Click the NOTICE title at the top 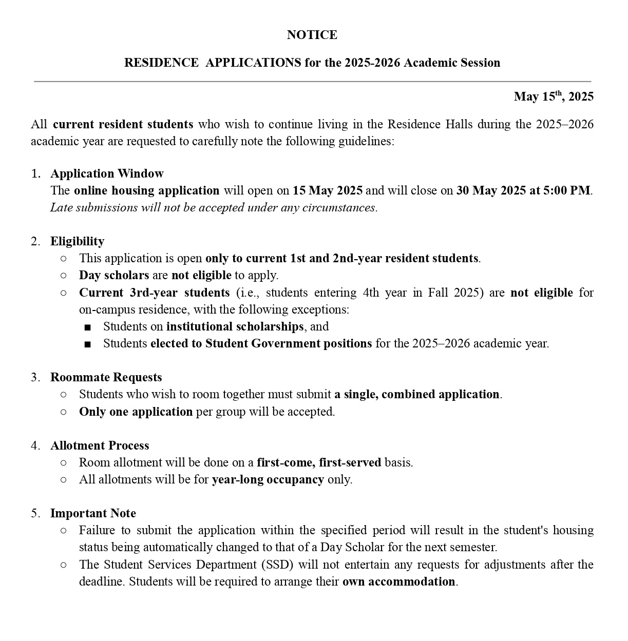pyautogui.click(x=312, y=35)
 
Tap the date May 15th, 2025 pyautogui.click(x=553, y=96)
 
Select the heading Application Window pyautogui.click(x=107, y=173)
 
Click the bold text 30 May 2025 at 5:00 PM pyautogui.click(x=523, y=190)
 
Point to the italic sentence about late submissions pyautogui.click(x=214, y=207)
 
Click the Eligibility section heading pyautogui.click(x=77, y=241)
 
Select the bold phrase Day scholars pyautogui.click(x=114, y=275)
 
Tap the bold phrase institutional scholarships pyautogui.click(x=235, y=326)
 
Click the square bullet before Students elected pyautogui.click(x=88, y=344)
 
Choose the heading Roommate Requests pyautogui.click(x=106, y=377)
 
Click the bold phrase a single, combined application pyautogui.click(x=416, y=394)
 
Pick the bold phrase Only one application pyautogui.click(x=136, y=412)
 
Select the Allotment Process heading pyautogui.click(x=100, y=445)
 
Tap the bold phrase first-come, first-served pyautogui.click(x=319, y=462)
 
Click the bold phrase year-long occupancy pyautogui.click(x=268, y=479)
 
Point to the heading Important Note pyautogui.click(x=93, y=513)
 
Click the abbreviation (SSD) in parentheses pyautogui.click(x=277, y=565)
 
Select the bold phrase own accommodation pyautogui.click(x=398, y=581)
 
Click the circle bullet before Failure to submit pyautogui.click(x=63, y=531)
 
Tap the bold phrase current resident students pyautogui.click(x=123, y=124)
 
